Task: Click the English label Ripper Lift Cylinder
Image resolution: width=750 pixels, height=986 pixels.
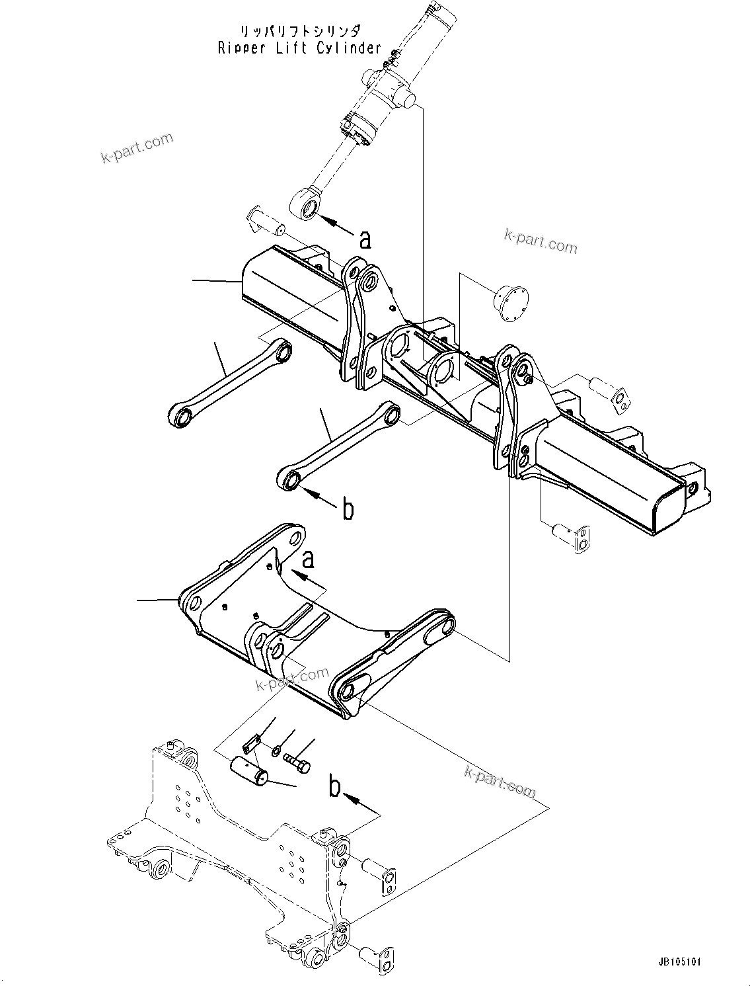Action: click(299, 48)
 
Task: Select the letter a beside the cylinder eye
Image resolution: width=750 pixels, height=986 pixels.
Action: click(365, 239)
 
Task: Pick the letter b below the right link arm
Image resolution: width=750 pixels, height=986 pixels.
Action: click(348, 511)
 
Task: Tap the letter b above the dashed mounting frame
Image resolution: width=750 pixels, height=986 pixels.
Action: click(335, 788)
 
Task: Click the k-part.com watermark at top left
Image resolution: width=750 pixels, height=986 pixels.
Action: click(137, 149)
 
